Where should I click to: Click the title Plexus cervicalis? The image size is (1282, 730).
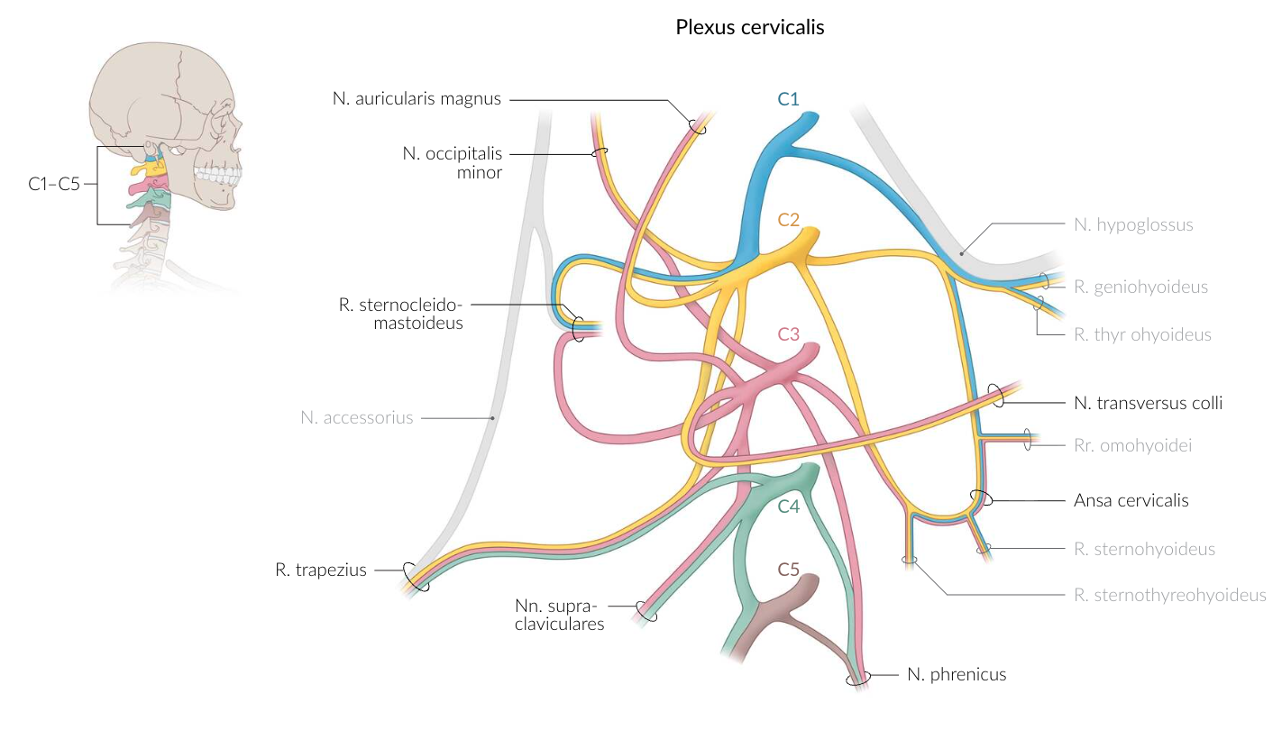(x=749, y=27)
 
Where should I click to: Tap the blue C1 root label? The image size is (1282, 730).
(x=788, y=99)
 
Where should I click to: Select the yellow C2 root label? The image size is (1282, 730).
(x=789, y=219)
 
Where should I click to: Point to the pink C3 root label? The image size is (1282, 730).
(x=789, y=333)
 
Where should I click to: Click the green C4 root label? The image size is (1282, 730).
(x=789, y=506)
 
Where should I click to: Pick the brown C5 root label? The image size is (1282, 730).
(x=789, y=570)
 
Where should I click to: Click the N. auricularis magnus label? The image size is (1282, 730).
(x=416, y=99)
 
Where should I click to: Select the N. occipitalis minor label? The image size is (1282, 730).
(x=452, y=162)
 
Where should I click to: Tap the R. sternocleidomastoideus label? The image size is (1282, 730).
(x=400, y=313)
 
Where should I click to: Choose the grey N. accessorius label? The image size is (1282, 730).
(x=357, y=417)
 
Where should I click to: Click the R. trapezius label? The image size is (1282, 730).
(x=321, y=570)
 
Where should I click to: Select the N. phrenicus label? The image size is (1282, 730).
(x=956, y=674)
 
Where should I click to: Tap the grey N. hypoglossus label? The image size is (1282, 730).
(x=1133, y=224)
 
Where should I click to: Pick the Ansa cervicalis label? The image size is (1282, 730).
(x=1131, y=500)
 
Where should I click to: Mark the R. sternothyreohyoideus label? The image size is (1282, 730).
(x=1170, y=595)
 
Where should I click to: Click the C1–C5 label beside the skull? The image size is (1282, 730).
(x=54, y=184)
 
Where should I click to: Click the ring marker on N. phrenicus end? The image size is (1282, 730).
(x=857, y=678)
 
